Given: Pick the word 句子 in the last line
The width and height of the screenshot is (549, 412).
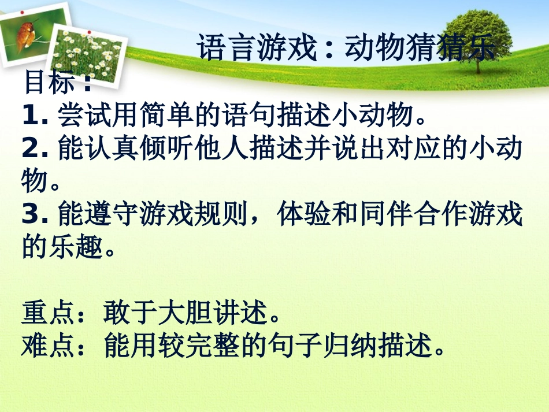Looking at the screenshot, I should (322, 347).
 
